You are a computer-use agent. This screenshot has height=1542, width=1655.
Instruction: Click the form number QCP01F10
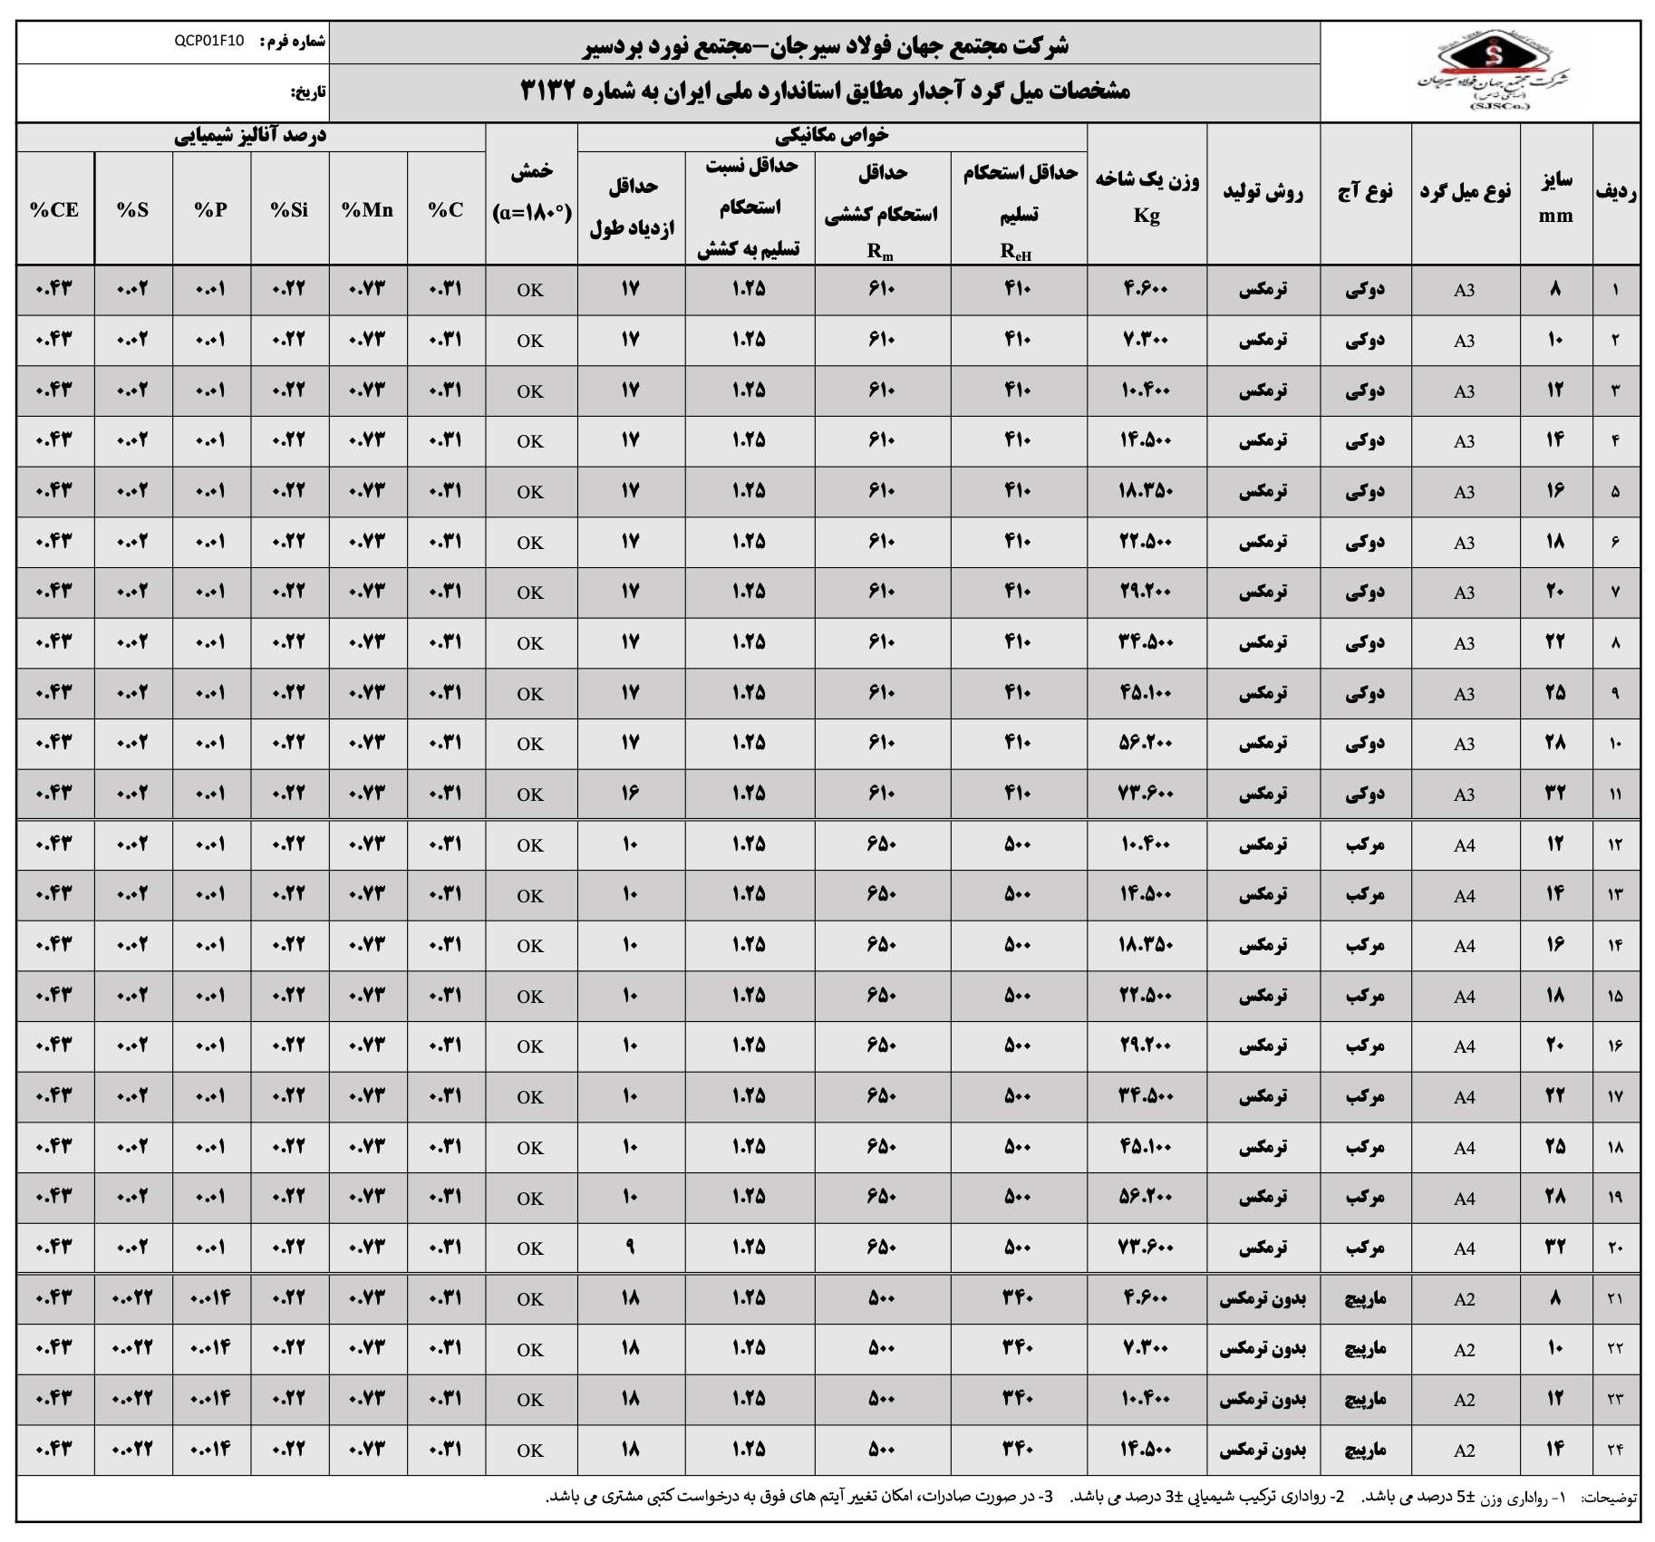tap(208, 42)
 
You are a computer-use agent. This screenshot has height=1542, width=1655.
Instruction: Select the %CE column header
tap(54, 210)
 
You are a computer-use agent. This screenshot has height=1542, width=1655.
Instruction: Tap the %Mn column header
tap(367, 210)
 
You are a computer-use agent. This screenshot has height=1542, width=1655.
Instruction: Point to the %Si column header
tap(289, 210)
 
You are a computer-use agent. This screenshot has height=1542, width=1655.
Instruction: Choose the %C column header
tap(445, 210)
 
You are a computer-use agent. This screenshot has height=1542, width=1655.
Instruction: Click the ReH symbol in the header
tap(1015, 252)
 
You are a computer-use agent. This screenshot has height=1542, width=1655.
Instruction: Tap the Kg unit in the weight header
tap(1146, 217)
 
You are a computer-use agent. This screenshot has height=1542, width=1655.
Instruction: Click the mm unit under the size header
tap(1555, 217)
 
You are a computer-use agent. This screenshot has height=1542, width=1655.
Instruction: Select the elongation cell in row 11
tap(631, 794)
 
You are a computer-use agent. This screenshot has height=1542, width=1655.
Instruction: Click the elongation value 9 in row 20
tap(631, 1248)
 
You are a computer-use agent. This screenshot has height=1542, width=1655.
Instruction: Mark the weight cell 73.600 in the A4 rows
tap(1146, 1248)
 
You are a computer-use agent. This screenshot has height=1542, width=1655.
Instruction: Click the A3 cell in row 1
tap(1464, 290)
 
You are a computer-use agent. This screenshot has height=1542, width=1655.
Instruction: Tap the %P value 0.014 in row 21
tap(210, 1298)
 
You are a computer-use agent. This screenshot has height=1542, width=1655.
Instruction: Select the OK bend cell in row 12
tap(530, 845)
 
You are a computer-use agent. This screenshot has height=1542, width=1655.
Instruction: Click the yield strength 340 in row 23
tap(1017, 1399)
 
